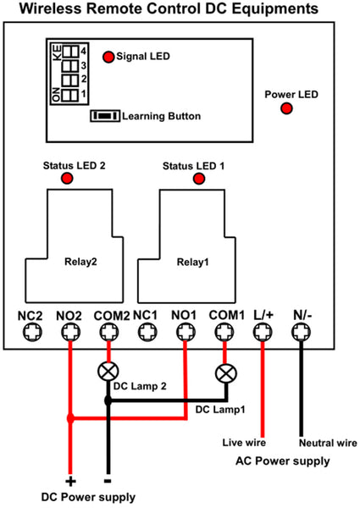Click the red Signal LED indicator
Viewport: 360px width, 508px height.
108,57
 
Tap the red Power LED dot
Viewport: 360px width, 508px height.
286,108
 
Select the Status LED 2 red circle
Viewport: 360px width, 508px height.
67,178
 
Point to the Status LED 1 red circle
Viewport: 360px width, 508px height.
199,179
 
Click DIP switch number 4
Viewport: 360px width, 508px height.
70,51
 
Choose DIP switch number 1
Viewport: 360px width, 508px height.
69,95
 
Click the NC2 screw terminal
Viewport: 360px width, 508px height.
32,332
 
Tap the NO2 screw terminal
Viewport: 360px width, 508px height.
70,332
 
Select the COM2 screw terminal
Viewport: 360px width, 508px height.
109,332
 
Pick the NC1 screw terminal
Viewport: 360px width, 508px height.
147,332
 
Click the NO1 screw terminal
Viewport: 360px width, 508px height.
186,332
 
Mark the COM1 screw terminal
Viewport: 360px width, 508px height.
224,332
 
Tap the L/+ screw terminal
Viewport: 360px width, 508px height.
263,332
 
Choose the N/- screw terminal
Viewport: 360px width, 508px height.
301,332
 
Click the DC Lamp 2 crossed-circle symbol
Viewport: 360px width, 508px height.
108,372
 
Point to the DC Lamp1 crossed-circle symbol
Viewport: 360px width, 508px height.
226,373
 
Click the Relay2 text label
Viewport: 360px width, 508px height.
80,262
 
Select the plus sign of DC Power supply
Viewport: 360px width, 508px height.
70,481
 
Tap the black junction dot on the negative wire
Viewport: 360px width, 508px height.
108,401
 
